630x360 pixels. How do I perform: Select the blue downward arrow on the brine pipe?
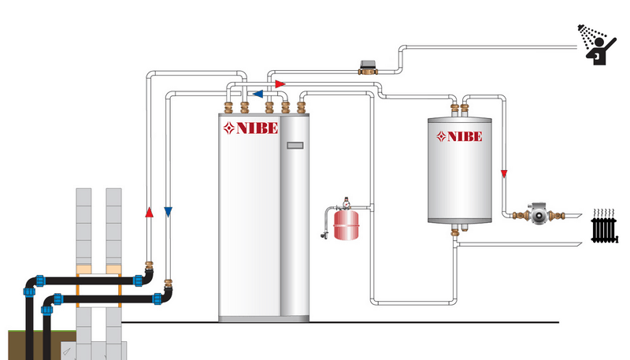click(x=168, y=211)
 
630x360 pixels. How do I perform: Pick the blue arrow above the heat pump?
click(x=258, y=92)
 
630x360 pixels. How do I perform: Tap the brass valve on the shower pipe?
click(x=366, y=69)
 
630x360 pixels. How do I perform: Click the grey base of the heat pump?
click(x=265, y=318)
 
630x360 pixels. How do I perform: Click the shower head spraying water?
click(x=583, y=32)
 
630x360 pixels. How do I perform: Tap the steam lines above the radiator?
click(x=604, y=213)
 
